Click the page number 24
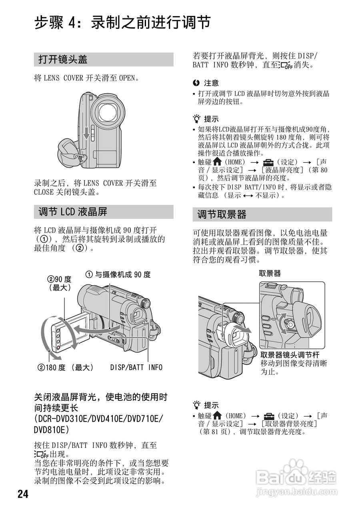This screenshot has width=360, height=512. (x=23, y=494)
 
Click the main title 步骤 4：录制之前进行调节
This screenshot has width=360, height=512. (x=122, y=23)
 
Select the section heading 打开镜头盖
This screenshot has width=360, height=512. (x=63, y=60)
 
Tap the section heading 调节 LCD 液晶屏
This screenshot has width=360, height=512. (x=73, y=212)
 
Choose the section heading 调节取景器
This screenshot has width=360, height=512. (x=222, y=214)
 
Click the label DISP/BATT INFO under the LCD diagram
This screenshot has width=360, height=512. (x=136, y=367)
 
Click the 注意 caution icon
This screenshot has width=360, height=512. (x=196, y=83)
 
